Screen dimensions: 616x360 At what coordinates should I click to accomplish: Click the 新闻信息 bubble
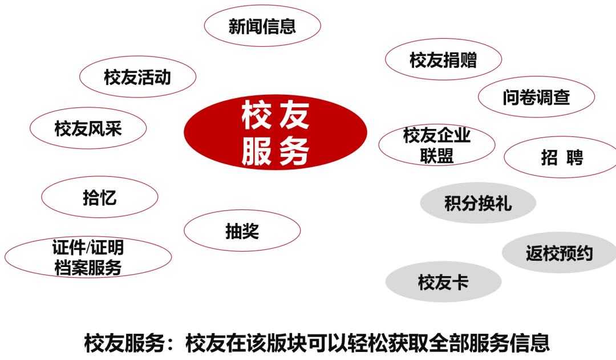tap(262, 26)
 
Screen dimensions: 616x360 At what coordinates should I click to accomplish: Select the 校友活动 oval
tap(137, 77)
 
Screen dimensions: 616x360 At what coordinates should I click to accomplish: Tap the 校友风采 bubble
tap(88, 128)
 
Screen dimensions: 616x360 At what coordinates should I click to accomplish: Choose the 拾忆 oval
tap(100, 197)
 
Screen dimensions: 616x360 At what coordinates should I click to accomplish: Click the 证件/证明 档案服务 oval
tap(88, 257)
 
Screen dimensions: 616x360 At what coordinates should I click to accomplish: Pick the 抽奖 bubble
tap(242, 231)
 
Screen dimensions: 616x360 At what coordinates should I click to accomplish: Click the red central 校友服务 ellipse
tap(275, 132)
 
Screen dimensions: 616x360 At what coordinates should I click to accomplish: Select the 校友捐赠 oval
tap(443, 59)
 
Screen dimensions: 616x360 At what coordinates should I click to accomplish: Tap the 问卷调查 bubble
tap(536, 97)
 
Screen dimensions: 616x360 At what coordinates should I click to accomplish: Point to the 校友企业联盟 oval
tap(437, 145)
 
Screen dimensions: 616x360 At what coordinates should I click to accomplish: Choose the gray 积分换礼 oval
tap(478, 203)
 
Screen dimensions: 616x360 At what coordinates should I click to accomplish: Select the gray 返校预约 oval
tap(559, 252)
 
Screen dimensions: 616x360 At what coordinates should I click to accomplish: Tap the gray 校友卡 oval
tap(443, 282)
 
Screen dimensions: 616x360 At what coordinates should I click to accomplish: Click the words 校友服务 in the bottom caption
tap(125, 343)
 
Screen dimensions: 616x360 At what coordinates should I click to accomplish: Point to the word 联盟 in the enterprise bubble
tap(437, 155)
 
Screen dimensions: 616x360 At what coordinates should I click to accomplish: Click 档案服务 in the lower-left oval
tap(88, 267)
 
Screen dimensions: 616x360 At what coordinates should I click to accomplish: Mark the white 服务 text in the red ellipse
tap(275, 151)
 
